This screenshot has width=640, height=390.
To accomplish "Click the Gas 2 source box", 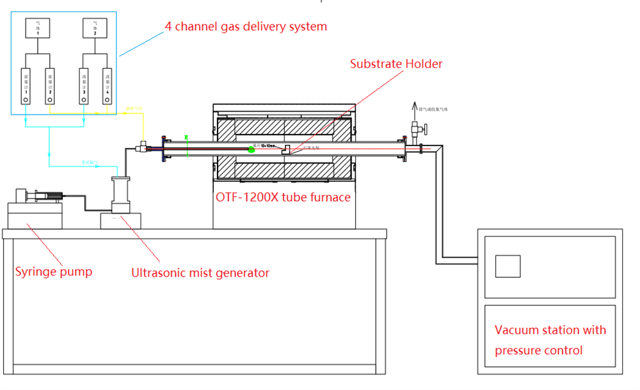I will coord(95,29).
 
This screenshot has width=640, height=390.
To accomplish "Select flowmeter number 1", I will coord(26,87).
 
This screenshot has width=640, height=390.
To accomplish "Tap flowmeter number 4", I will coord(106,87).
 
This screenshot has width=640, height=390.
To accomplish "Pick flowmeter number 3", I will coord(84,87).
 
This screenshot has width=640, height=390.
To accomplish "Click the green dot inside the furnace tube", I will coord(252,149).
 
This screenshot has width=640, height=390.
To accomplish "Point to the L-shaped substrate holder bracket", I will coord(286,149).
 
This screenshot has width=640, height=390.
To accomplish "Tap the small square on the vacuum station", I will coord(508,266).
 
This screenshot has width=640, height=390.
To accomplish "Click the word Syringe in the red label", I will coord(36,272).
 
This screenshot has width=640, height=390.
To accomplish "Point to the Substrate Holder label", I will coord(396,63).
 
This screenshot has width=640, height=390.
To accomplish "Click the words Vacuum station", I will coord(536,330).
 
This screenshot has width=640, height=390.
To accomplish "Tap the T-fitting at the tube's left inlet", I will coord(140,148).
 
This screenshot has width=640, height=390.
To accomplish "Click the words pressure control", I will coord(538,350).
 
